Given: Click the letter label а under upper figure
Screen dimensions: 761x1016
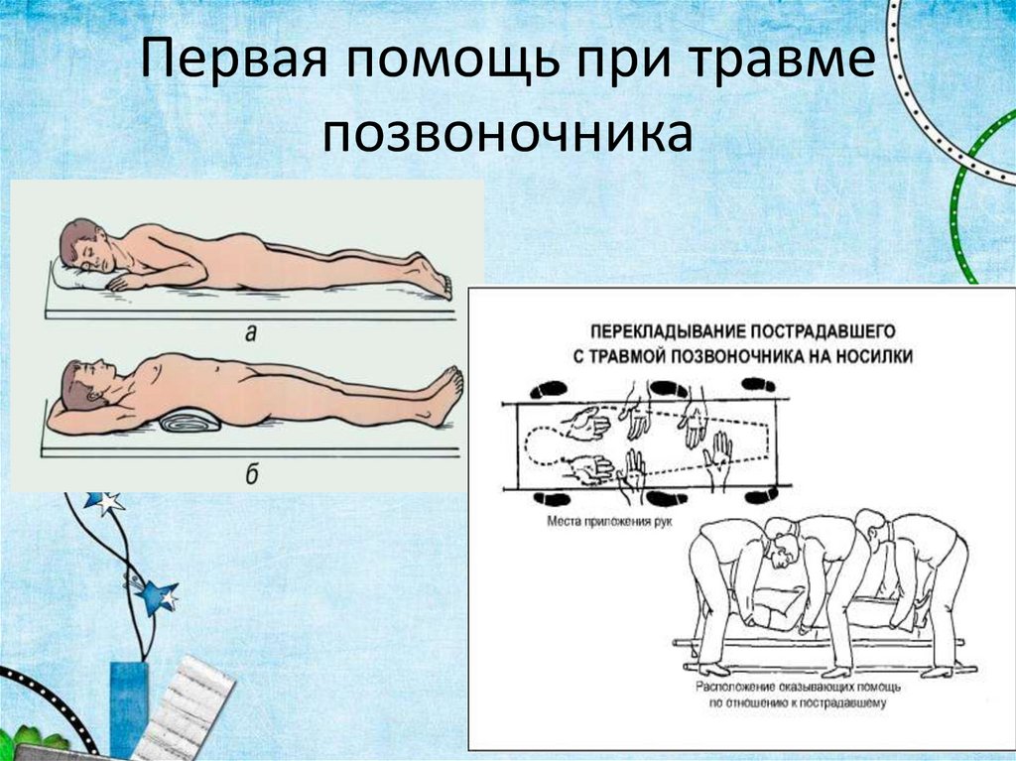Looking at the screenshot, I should point(250,333).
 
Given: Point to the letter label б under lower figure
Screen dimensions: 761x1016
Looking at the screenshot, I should point(251,472).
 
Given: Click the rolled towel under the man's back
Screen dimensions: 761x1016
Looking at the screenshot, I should point(190,420).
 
